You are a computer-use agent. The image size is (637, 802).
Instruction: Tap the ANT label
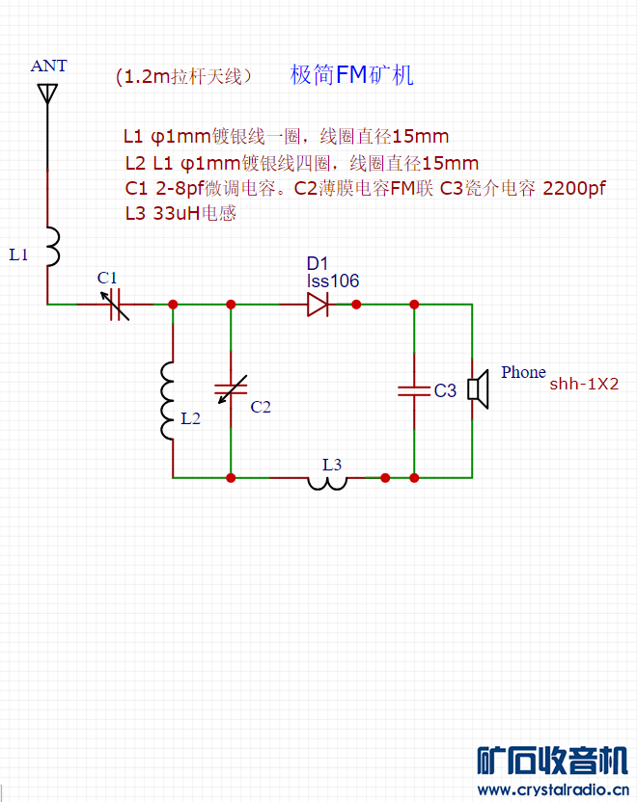tap(49, 67)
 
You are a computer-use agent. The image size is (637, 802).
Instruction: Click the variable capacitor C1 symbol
tap(115, 304)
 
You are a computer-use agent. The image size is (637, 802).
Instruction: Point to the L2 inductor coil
tap(169, 400)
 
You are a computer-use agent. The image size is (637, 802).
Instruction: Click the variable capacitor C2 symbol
tap(231, 388)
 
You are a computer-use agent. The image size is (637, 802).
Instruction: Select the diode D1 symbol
tap(318, 305)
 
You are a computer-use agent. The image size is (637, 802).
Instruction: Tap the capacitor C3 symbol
tap(414, 390)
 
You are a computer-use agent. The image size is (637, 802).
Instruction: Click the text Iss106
tap(333, 281)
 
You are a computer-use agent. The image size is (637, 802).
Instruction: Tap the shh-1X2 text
tap(584, 384)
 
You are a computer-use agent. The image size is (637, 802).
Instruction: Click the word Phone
tap(523, 372)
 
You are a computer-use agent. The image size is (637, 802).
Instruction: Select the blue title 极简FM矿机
tap(351, 76)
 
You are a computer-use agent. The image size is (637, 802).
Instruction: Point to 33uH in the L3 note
tap(176, 214)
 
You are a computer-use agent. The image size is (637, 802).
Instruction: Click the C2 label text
tap(261, 407)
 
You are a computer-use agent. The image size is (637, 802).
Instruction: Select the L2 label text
tap(191, 418)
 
